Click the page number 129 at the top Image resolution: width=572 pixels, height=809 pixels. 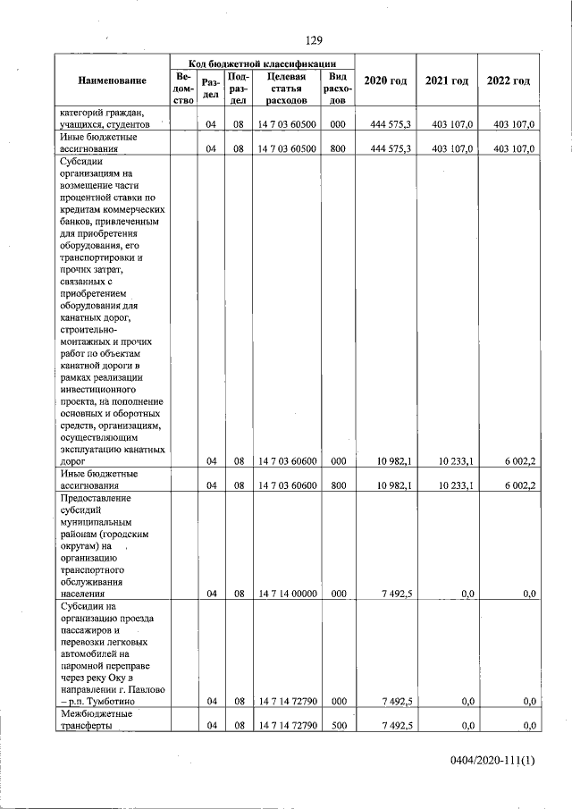coord(313,40)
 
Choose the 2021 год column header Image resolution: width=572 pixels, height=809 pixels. coord(447,81)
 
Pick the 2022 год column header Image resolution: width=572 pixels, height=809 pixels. coord(508,81)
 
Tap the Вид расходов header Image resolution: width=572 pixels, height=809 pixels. coord(337,88)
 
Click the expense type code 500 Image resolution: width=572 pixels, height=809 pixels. coord(337,726)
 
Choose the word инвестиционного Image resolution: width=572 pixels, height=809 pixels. coord(97,391)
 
